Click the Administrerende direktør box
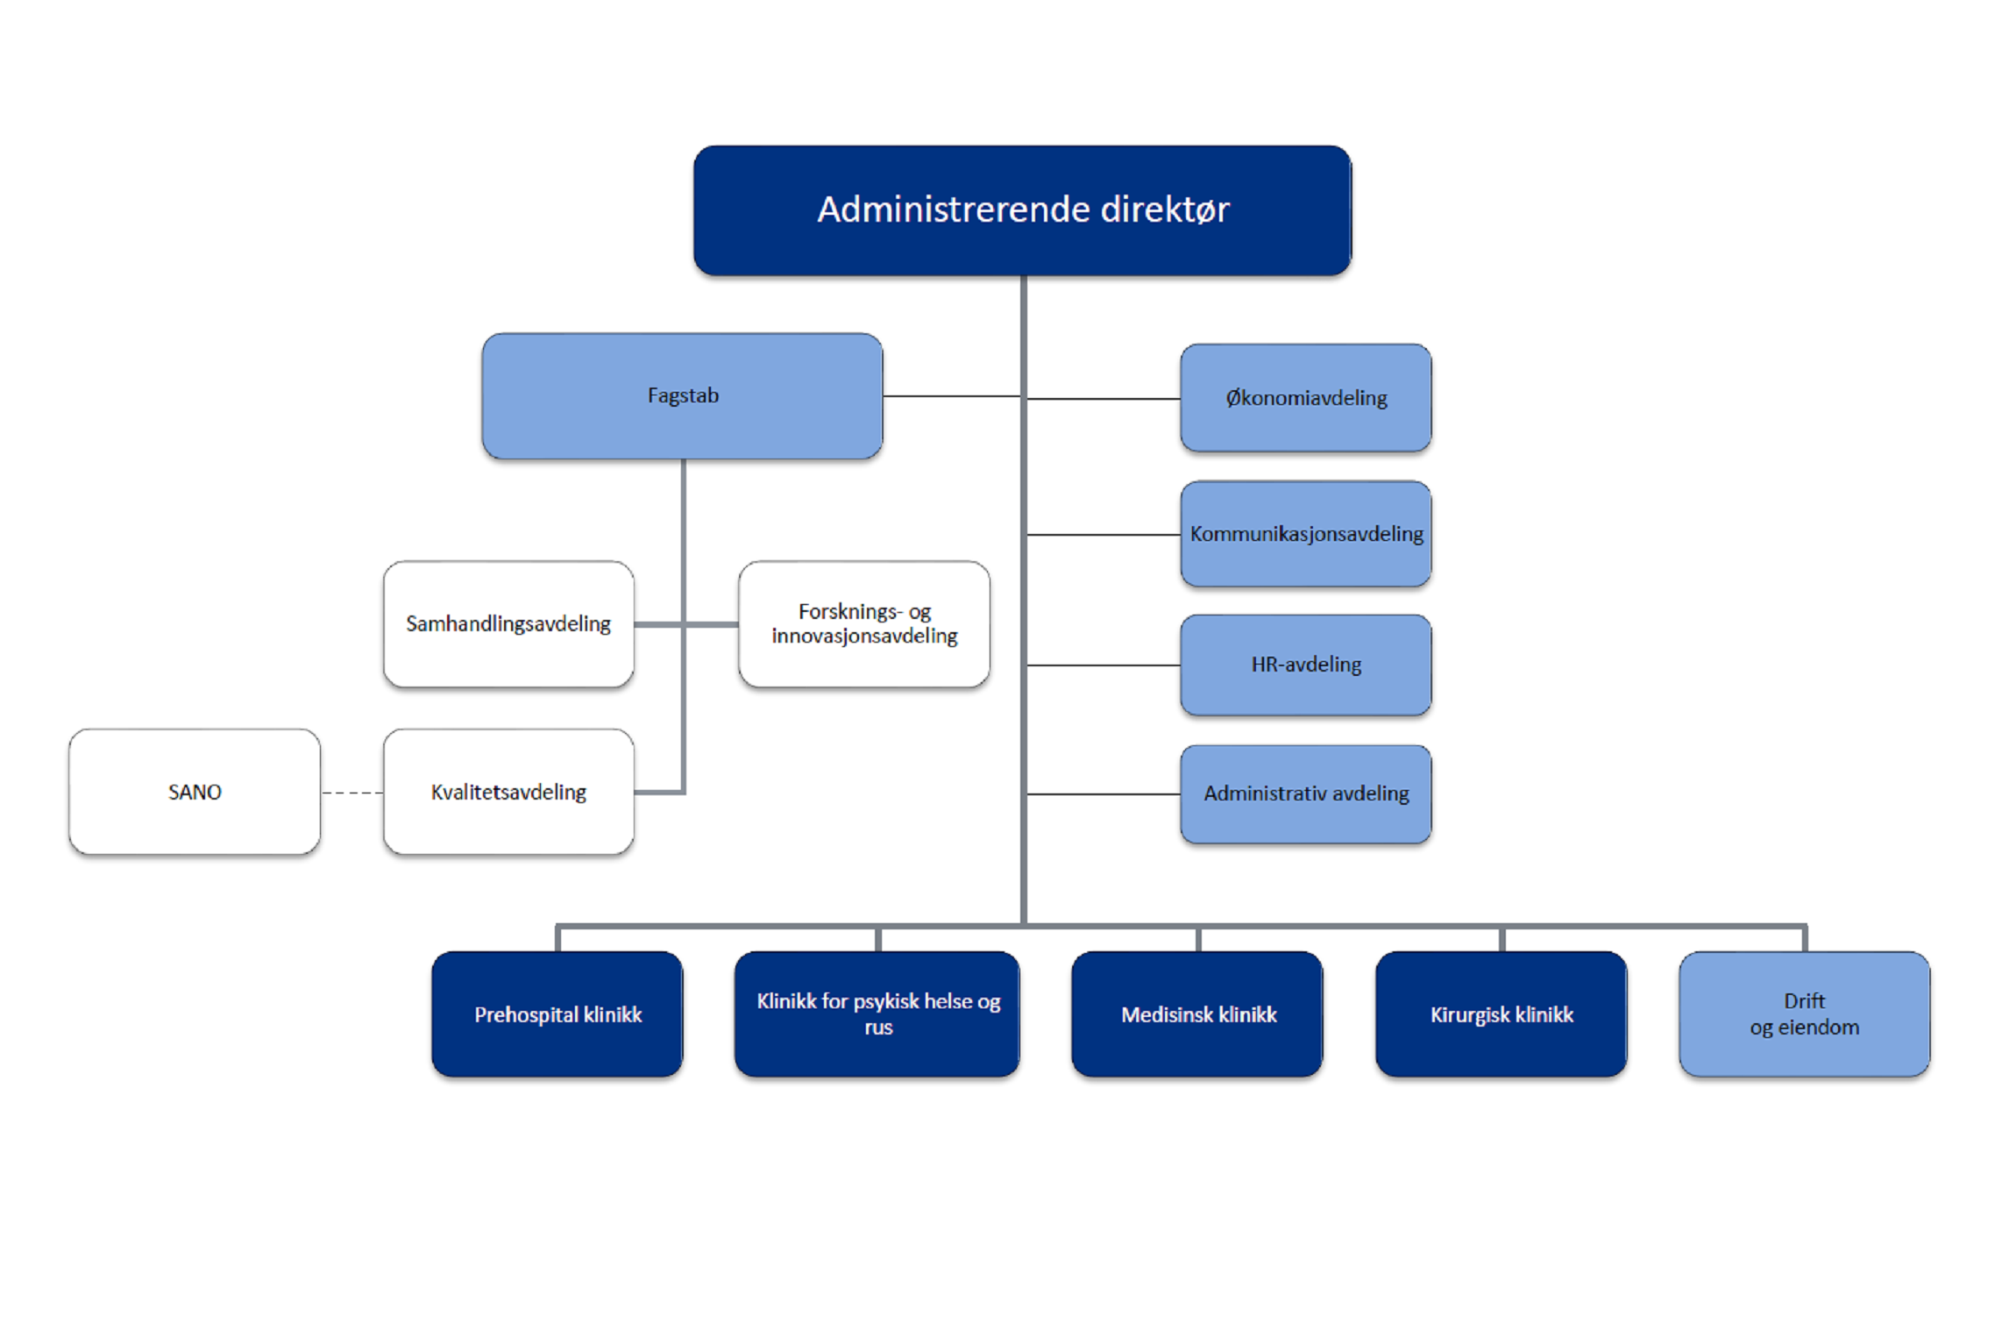1022,210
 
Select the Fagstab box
682,395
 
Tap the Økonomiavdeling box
1305,398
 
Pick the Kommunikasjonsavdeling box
1305,534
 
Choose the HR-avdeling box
1305,665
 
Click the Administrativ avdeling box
1305,793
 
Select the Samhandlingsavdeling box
508,623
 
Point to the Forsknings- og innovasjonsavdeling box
863,623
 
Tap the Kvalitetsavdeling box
508,792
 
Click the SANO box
195,792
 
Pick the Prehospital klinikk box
557,1014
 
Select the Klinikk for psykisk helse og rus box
877,1014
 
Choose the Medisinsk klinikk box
1197,1014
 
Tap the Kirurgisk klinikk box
1501,1014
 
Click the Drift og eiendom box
1804,1014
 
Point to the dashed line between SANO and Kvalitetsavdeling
351,793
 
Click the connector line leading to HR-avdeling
1103,665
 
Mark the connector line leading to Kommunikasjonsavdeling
1103,534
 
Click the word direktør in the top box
1165,210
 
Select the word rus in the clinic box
878,1028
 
